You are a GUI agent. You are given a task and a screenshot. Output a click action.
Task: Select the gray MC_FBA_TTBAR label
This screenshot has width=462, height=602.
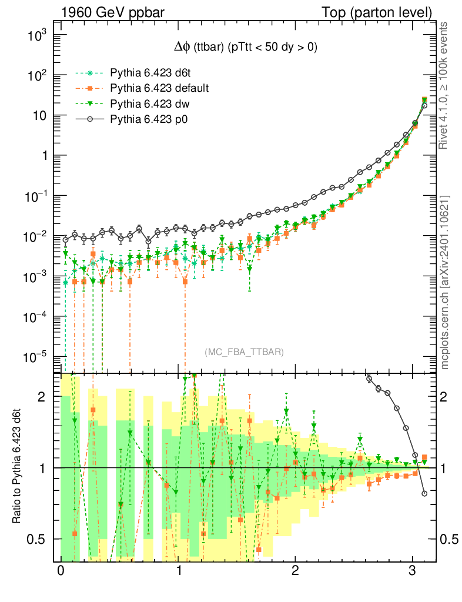tap(245, 352)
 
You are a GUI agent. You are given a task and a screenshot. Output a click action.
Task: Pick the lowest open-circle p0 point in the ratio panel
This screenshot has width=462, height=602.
tap(424, 494)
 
